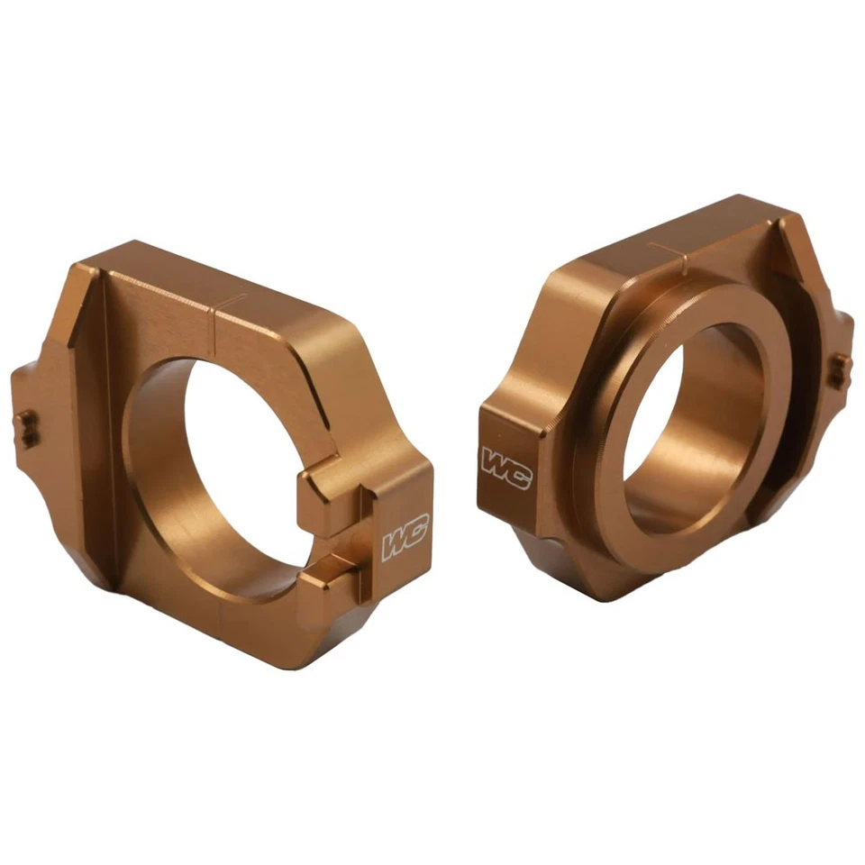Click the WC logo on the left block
coord(405,539)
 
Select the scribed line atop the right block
coord(670,248)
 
